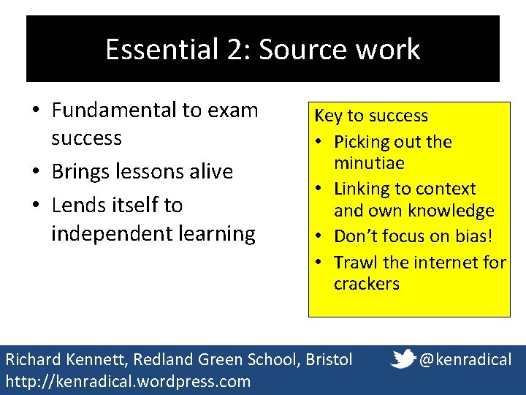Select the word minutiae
click(369, 162)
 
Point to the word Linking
click(364, 189)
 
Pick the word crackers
click(367, 284)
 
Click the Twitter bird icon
click(404, 358)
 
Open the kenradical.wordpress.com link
click(128, 381)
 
